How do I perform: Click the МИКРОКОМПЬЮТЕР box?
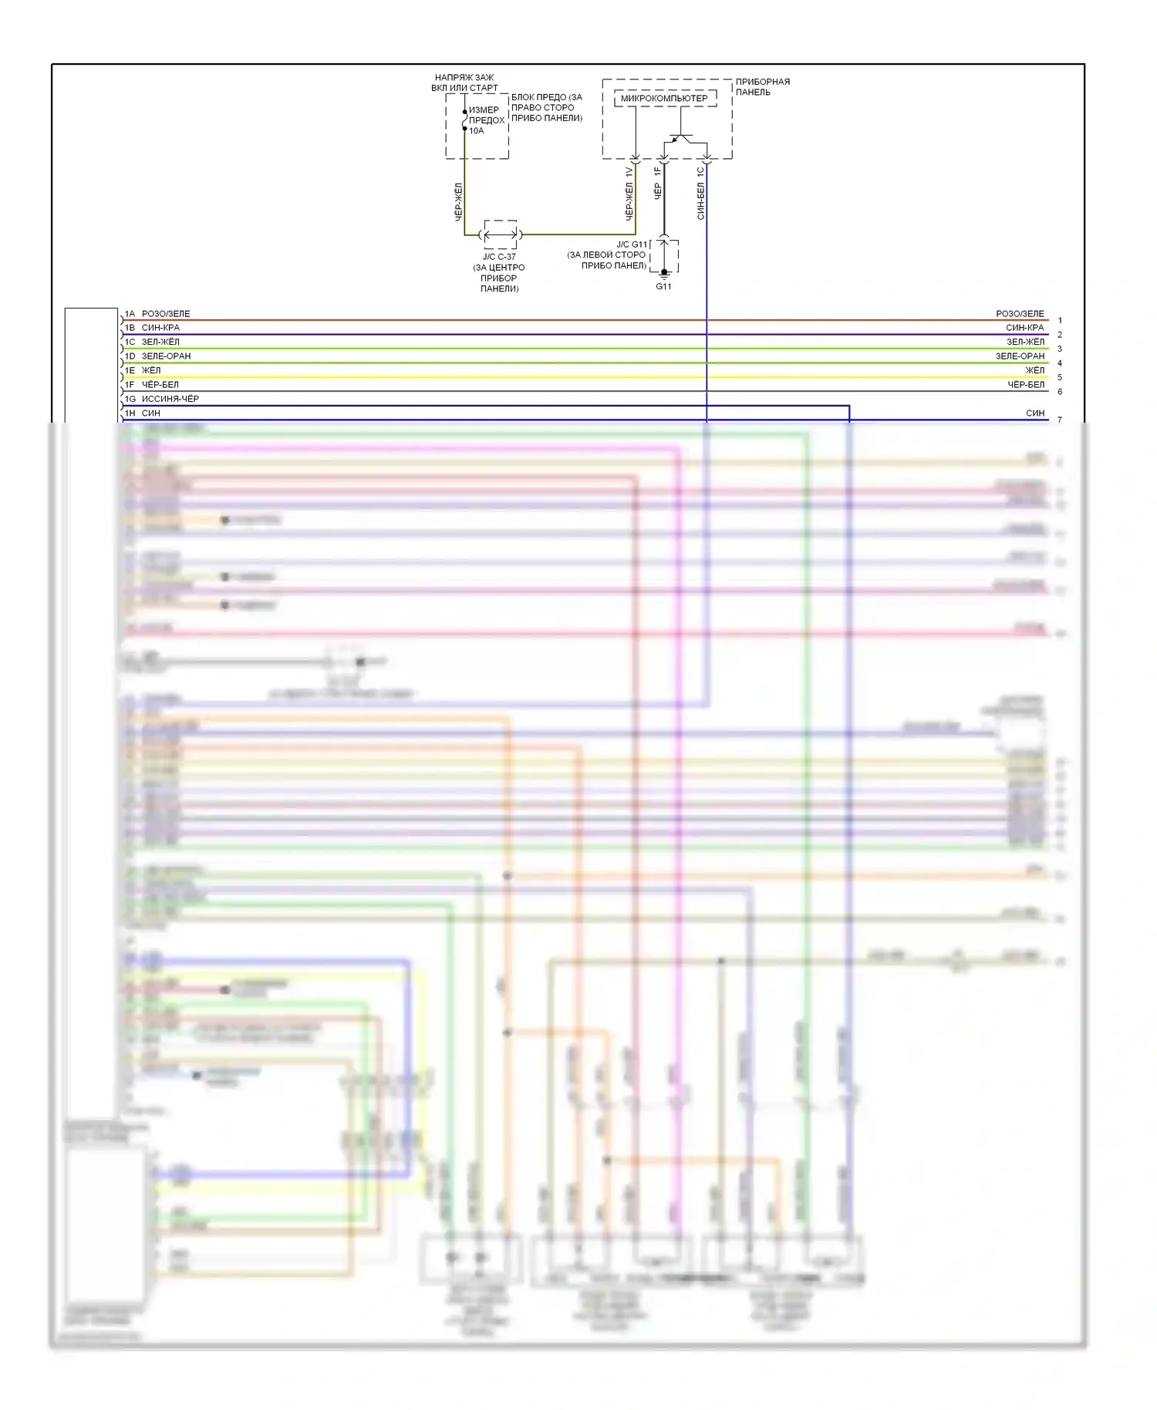point(664,98)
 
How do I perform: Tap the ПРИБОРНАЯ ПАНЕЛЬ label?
point(762,86)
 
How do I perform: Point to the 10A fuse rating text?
point(477,131)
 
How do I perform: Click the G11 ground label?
point(663,286)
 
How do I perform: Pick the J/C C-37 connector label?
point(499,257)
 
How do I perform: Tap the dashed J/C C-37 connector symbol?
point(500,234)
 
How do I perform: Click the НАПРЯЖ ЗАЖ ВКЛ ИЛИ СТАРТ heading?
point(464,83)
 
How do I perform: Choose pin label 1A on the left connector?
point(130,314)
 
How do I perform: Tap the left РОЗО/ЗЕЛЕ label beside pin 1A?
point(166,314)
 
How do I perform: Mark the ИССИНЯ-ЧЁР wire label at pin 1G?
point(170,399)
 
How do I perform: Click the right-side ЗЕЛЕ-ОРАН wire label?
point(1020,356)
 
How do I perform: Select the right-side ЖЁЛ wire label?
point(1034,370)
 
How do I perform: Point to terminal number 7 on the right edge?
point(1060,420)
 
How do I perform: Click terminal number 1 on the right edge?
point(1060,320)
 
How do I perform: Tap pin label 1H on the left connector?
point(130,413)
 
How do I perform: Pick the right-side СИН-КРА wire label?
point(1024,328)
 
